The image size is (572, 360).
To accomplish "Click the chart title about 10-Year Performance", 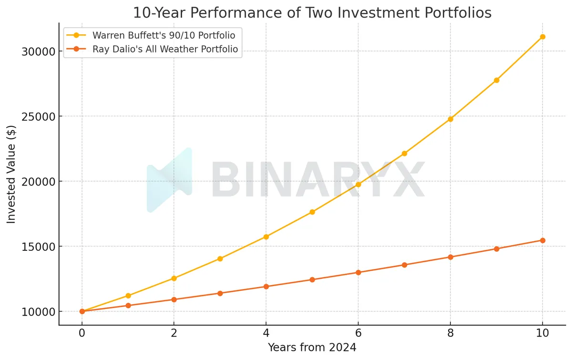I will (312, 12).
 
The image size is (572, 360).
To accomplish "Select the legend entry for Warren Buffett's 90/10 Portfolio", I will (163, 35).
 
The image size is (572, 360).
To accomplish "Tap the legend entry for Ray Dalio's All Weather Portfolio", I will (165, 49).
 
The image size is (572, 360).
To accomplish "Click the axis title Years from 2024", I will (312, 348).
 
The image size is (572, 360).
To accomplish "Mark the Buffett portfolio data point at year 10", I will (542, 37).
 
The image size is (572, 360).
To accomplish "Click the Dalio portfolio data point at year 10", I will (542, 240).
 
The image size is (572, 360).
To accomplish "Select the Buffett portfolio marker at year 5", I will (312, 212).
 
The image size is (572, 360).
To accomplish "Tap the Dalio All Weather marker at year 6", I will (358, 272).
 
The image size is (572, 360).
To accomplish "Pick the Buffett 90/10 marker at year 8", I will (450, 119).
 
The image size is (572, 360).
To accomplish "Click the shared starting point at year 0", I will (82, 311).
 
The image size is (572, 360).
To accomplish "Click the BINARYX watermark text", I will (317, 181).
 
